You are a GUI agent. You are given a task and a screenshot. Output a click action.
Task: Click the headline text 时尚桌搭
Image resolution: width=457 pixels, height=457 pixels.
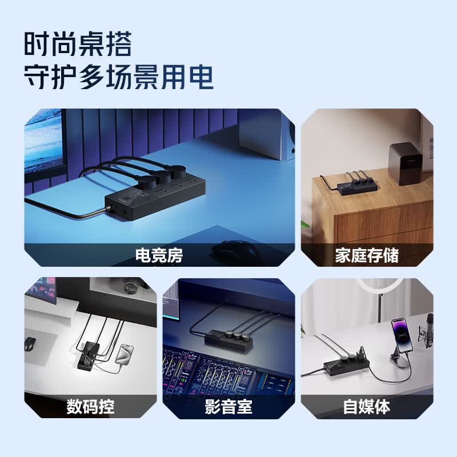(x=78, y=44)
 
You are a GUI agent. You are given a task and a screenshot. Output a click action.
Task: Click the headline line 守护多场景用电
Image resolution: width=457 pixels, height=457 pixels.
(x=119, y=77)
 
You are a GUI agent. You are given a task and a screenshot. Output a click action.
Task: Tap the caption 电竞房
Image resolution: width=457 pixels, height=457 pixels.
(x=159, y=255)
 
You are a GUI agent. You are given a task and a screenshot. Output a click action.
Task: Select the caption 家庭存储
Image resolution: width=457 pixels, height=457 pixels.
(x=367, y=255)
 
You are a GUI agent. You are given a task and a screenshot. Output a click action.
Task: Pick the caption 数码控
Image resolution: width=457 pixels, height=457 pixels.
(x=90, y=406)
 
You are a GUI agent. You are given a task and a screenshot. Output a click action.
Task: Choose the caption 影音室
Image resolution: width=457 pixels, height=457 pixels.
(x=228, y=406)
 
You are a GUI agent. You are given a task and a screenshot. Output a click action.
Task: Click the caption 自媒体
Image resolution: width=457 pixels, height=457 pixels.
(x=367, y=406)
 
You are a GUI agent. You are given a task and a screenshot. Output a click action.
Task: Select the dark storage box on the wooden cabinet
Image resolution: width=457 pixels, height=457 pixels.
(x=406, y=163)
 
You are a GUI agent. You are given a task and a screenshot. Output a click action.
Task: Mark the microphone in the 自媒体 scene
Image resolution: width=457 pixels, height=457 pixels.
(x=429, y=330)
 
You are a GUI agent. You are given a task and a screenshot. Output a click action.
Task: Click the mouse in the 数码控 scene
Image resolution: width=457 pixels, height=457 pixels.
(x=30, y=344)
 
